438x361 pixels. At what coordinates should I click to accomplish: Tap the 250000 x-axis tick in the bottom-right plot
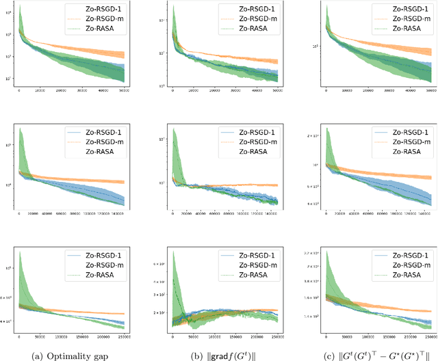coord(428,336)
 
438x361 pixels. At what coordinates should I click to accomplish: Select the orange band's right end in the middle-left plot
coord(124,182)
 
